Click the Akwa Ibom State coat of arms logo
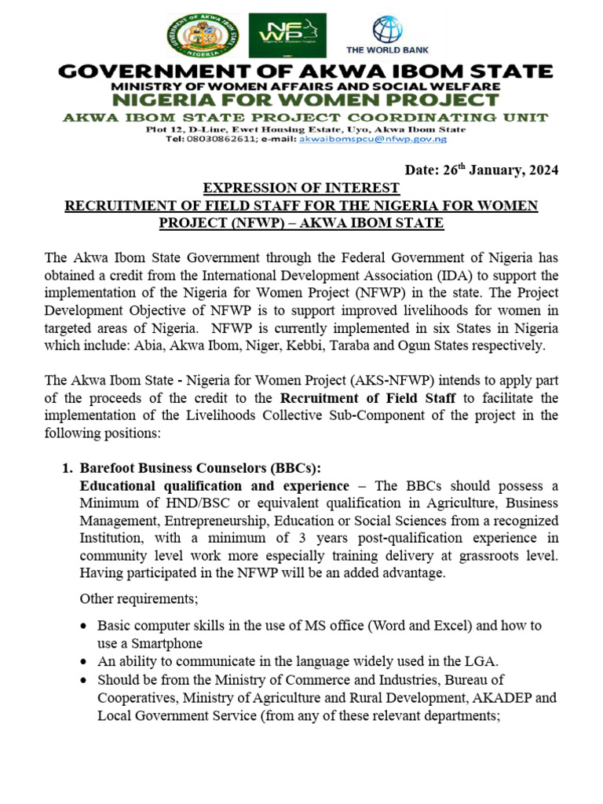[205, 35]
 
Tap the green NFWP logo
[287, 35]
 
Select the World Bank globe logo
[386, 30]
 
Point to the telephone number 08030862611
[221, 139]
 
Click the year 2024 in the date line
[543, 171]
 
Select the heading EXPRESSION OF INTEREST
[301, 188]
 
